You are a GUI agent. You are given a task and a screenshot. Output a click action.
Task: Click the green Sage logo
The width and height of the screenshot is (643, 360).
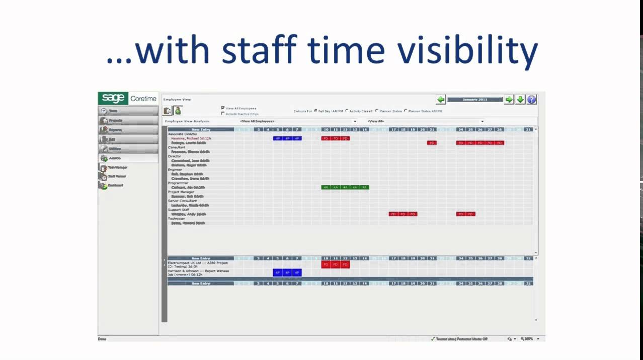coord(113,99)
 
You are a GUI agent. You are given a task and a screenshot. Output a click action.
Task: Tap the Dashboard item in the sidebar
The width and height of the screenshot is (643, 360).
coord(115,186)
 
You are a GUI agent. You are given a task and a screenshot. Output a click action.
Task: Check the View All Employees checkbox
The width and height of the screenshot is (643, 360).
coord(223,108)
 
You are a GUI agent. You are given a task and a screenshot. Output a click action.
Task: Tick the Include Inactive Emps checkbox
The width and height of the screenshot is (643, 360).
coord(223,114)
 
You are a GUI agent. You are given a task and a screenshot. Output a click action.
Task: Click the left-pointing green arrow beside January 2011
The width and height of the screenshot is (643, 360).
coord(441,100)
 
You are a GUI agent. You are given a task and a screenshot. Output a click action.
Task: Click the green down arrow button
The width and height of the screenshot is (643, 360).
coord(520,100)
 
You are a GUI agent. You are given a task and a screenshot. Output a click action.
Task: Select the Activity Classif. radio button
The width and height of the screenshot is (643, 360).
coord(347,111)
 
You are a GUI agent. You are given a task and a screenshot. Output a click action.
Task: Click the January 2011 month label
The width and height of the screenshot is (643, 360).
coord(475,100)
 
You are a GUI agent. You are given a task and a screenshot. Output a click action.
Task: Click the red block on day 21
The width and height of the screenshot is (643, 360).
coord(432,143)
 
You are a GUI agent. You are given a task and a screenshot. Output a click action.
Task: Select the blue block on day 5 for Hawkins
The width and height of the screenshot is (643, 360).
coord(278,138)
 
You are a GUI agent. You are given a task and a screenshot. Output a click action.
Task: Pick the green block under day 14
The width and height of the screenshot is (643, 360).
coord(364,188)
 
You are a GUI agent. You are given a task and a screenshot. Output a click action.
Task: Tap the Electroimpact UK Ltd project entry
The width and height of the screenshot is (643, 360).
coord(197,262)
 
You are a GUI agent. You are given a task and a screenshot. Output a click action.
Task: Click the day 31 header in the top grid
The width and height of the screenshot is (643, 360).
coord(527,130)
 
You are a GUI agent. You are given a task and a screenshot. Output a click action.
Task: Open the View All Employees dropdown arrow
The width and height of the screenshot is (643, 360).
coord(355,121)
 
